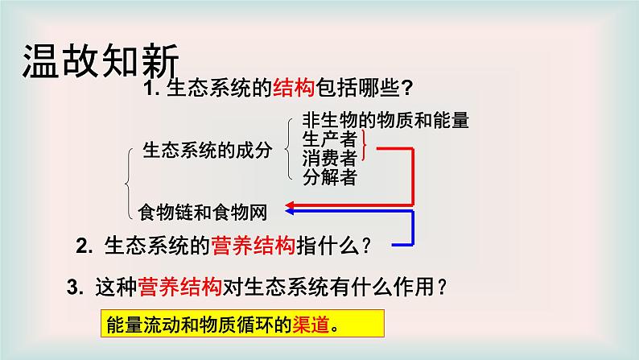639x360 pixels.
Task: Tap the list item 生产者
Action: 330,139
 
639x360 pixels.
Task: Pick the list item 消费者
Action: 330,158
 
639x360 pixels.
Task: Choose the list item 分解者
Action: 330,176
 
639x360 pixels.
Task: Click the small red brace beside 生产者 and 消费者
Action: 368,148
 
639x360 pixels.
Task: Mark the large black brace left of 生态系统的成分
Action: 130,182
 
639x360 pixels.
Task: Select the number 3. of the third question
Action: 75,286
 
